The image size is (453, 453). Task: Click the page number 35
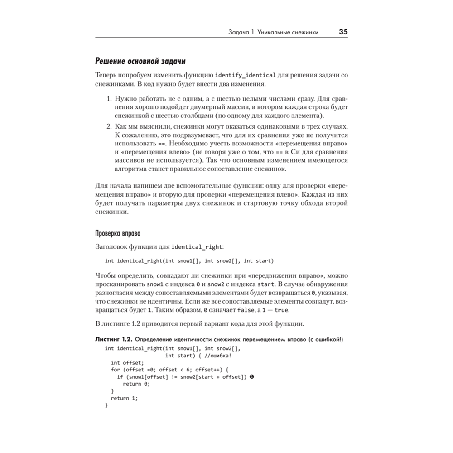[x=343, y=33]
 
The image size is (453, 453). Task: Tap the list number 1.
[x=109, y=98]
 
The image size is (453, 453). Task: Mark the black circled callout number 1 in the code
[x=251, y=377]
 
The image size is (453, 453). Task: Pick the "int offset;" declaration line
[x=127, y=362]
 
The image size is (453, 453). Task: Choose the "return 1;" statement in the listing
[x=124, y=398]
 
